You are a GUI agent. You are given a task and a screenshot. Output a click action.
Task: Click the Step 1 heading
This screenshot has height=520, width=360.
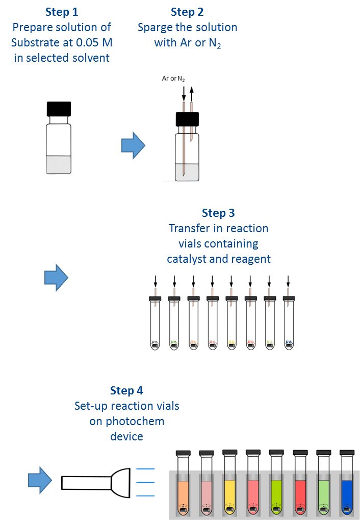pyautogui.click(x=61, y=12)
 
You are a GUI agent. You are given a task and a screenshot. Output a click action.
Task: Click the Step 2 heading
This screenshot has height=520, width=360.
pyautogui.click(x=187, y=12)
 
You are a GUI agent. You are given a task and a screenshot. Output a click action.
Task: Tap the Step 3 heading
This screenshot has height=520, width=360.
pyautogui.click(x=218, y=213)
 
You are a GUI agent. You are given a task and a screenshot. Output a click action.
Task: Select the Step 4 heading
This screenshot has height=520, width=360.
pyautogui.click(x=126, y=390)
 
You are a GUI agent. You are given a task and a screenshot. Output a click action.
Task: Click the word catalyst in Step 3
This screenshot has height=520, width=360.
pyautogui.click(x=186, y=259)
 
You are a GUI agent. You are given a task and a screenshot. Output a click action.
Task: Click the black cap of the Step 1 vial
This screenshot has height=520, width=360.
pyautogui.click(x=59, y=109)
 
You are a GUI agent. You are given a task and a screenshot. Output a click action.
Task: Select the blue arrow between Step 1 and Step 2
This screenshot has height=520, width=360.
pyautogui.click(x=133, y=145)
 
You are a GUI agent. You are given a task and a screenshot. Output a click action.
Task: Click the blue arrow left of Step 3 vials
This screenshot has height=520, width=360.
pyautogui.click(x=56, y=277)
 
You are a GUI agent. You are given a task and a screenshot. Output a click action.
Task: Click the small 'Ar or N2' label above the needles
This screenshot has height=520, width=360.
pyautogui.click(x=173, y=79)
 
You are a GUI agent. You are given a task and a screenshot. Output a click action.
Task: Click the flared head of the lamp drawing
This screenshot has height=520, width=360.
pyautogui.click(x=122, y=482)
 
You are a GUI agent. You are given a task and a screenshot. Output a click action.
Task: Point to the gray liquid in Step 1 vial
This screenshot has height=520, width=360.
pyautogui.click(x=59, y=164)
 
